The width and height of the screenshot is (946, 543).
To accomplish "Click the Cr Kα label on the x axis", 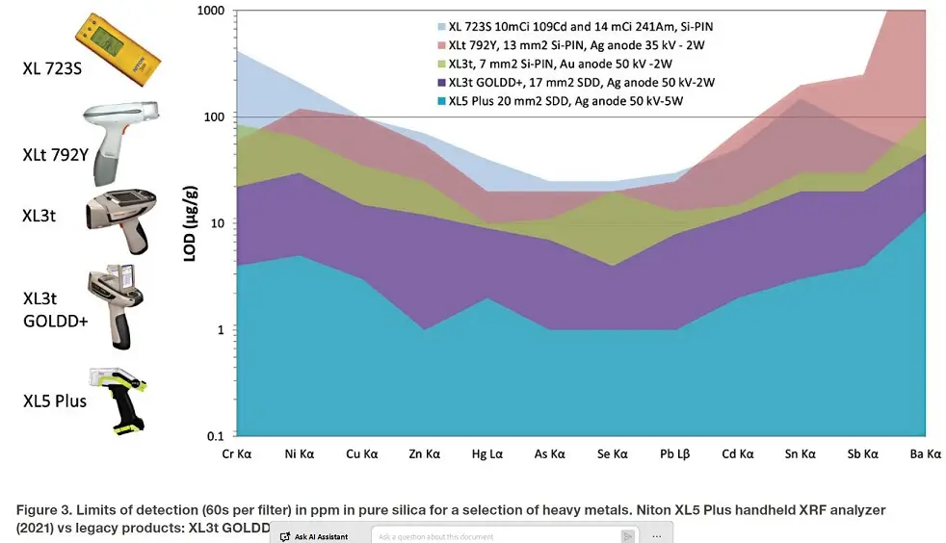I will [238, 452].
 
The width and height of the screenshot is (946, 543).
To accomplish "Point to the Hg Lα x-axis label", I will [488, 452].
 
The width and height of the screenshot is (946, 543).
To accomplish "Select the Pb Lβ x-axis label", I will [675, 452].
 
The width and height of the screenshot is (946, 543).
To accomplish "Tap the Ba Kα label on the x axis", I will [925, 452].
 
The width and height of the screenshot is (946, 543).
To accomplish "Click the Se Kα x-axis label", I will [613, 452].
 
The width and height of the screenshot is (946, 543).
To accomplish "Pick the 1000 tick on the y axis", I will [211, 11].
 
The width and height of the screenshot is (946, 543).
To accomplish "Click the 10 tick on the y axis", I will [217, 223].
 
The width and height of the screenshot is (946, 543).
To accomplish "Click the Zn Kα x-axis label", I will [426, 452].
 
